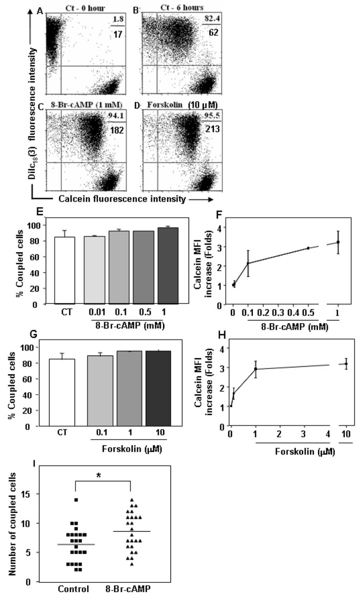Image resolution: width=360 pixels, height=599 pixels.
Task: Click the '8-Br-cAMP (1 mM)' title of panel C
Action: (x=85, y=105)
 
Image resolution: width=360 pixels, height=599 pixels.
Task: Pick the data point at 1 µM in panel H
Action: (x=255, y=369)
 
